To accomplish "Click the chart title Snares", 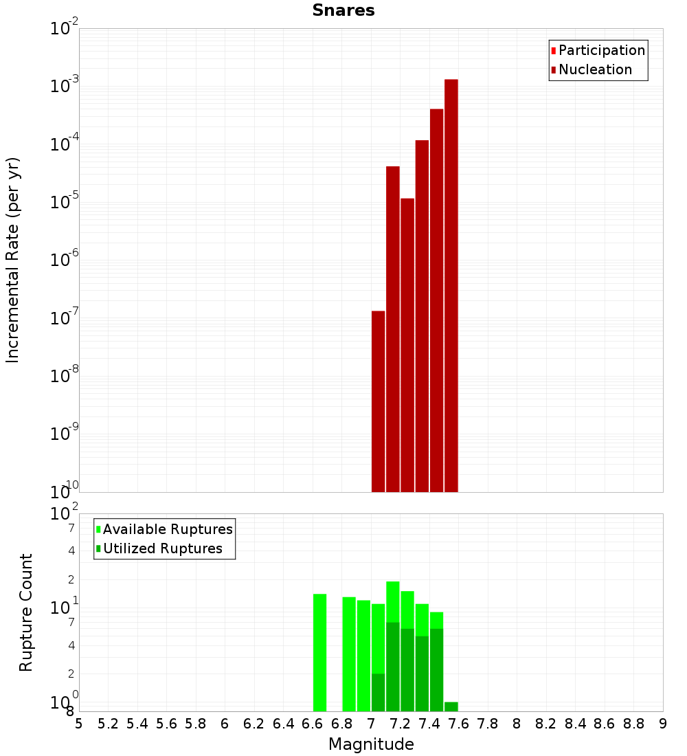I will [343, 10].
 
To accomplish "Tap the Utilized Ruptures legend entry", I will [162, 548].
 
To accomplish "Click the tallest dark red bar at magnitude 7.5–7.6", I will [451, 285].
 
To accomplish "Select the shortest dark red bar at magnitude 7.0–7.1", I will [378, 401].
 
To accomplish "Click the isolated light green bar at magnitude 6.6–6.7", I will [319, 652].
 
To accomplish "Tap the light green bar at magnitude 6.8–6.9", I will [349, 654].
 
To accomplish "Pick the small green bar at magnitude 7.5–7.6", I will [451, 707].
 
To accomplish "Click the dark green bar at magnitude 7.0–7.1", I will [378, 692].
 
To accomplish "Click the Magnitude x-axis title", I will [371, 744].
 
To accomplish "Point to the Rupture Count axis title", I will [26, 612].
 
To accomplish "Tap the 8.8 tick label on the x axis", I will [633, 723].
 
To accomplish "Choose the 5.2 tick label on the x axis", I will [109, 723].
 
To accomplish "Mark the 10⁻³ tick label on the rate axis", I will [64, 87].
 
